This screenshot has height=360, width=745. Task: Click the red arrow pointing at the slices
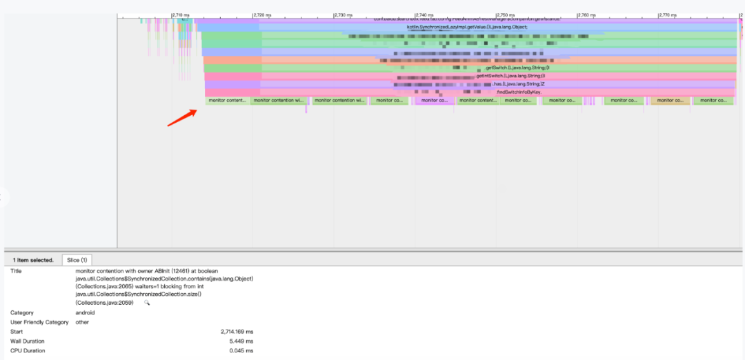point(181,117)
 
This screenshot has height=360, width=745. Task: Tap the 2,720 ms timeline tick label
point(263,14)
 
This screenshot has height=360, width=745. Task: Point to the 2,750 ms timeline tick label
point(506,14)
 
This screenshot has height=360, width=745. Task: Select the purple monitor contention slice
point(435,101)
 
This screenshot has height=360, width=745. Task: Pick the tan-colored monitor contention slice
point(670,101)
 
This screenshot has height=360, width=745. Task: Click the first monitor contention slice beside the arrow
point(227,101)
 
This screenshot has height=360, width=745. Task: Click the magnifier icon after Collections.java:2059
point(147,303)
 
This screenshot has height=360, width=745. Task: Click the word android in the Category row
point(86,312)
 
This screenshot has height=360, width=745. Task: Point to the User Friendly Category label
point(39,322)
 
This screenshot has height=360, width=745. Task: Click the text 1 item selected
point(33,260)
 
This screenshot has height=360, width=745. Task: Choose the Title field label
point(17,271)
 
